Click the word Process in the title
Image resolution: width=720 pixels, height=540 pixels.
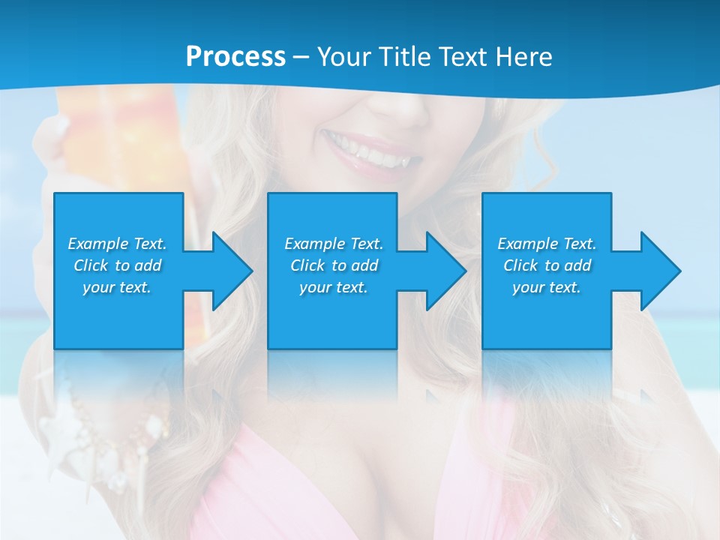click(x=235, y=56)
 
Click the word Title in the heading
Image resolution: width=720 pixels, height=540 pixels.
click(x=402, y=56)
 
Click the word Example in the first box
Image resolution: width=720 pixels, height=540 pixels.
click(x=98, y=244)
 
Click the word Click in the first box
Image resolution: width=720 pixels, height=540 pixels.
click(x=91, y=265)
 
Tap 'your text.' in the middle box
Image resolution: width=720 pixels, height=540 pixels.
click(x=333, y=287)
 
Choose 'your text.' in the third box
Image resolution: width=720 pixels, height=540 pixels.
click(x=546, y=287)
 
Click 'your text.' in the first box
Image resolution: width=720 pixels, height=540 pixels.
click(x=117, y=287)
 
